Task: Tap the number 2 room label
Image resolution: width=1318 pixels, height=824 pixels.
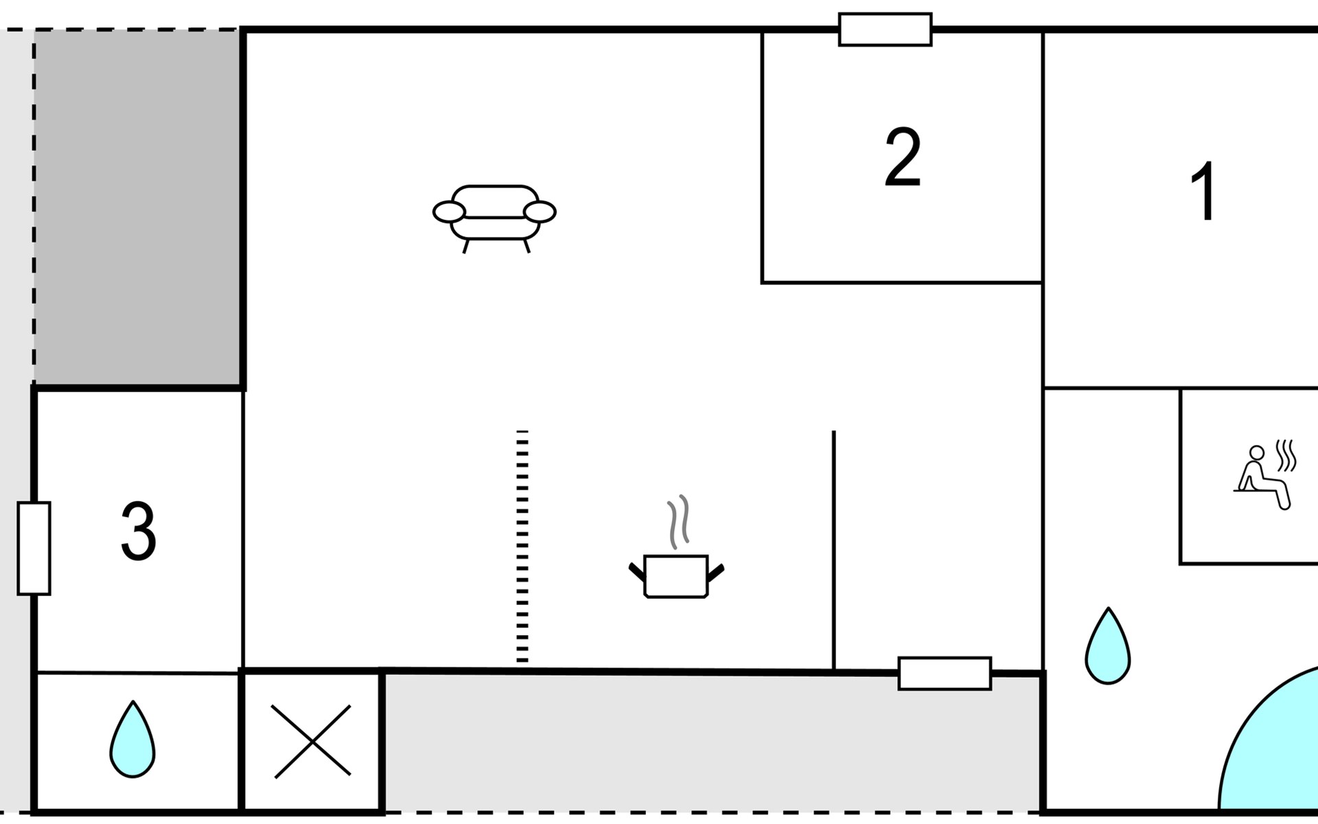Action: pyautogui.click(x=902, y=157)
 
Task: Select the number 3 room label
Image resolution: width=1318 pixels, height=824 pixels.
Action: pyautogui.click(x=138, y=531)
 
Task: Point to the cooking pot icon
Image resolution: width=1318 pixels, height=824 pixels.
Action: pyautogui.click(x=676, y=575)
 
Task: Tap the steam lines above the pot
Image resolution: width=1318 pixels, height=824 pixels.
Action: pyautogui.click(x=678, y=522)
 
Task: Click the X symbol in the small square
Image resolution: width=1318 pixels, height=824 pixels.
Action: pyautogui.click(x=312, y=742)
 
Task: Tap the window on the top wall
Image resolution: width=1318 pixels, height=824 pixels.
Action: pyautogui.click(x=885, y=30)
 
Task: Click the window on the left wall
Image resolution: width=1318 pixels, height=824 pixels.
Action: pyautogui.click(x=34, y=548)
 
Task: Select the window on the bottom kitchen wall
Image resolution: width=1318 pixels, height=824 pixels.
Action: pyautogui.click(x=945, y=673)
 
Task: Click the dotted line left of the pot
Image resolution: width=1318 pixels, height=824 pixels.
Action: pyautogui.click(x=522, y=546)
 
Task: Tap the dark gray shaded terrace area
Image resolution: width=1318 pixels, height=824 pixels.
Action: pyautogui.click(x=137, y=206)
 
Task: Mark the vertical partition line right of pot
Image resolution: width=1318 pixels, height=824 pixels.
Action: pyautogui.click(x=833, y=549)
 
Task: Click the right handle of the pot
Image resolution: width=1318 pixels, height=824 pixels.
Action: pyautogui.click(x=715, y=571)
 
